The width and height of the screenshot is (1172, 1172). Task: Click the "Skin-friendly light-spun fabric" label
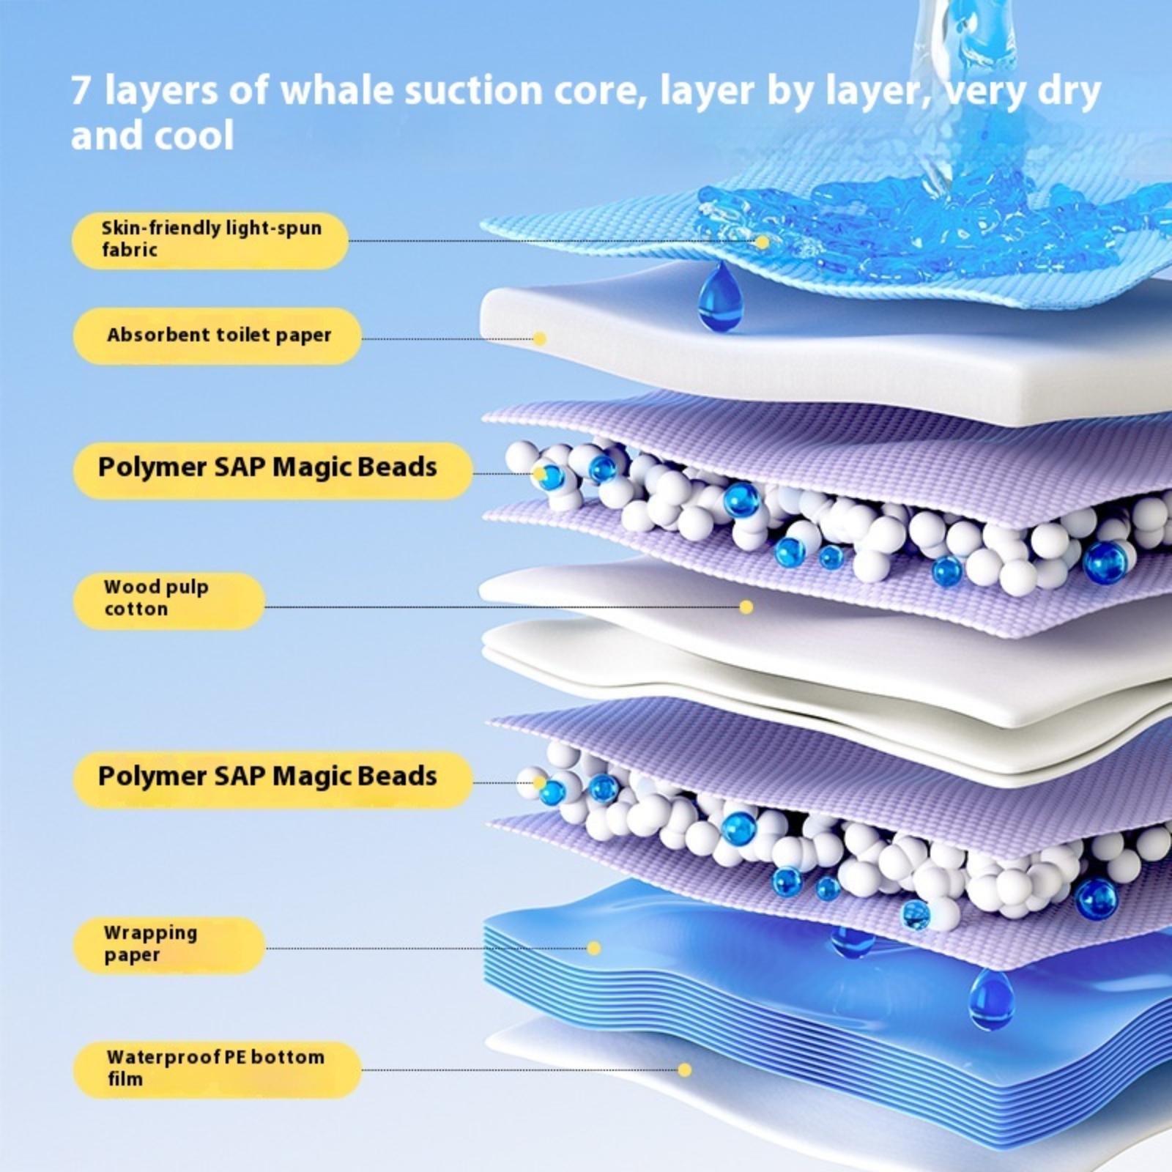point(209,240)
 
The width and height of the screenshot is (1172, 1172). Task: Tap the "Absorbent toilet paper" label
point(217,335)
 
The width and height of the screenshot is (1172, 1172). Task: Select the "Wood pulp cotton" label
point(168,601)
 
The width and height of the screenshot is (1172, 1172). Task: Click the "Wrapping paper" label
point(168,945)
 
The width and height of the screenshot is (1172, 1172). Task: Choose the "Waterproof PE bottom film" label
point(217,1069)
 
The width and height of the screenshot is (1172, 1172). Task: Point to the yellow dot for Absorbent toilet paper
point(540,338)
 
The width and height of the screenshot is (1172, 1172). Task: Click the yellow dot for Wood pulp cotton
point(746,607)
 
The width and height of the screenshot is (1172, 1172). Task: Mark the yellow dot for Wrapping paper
point(594,949)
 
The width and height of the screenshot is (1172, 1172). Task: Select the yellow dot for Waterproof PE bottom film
point(685,1070)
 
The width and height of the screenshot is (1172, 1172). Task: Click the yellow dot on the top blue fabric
point(763,242)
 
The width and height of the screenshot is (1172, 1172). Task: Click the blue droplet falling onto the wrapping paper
point(991,998)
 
